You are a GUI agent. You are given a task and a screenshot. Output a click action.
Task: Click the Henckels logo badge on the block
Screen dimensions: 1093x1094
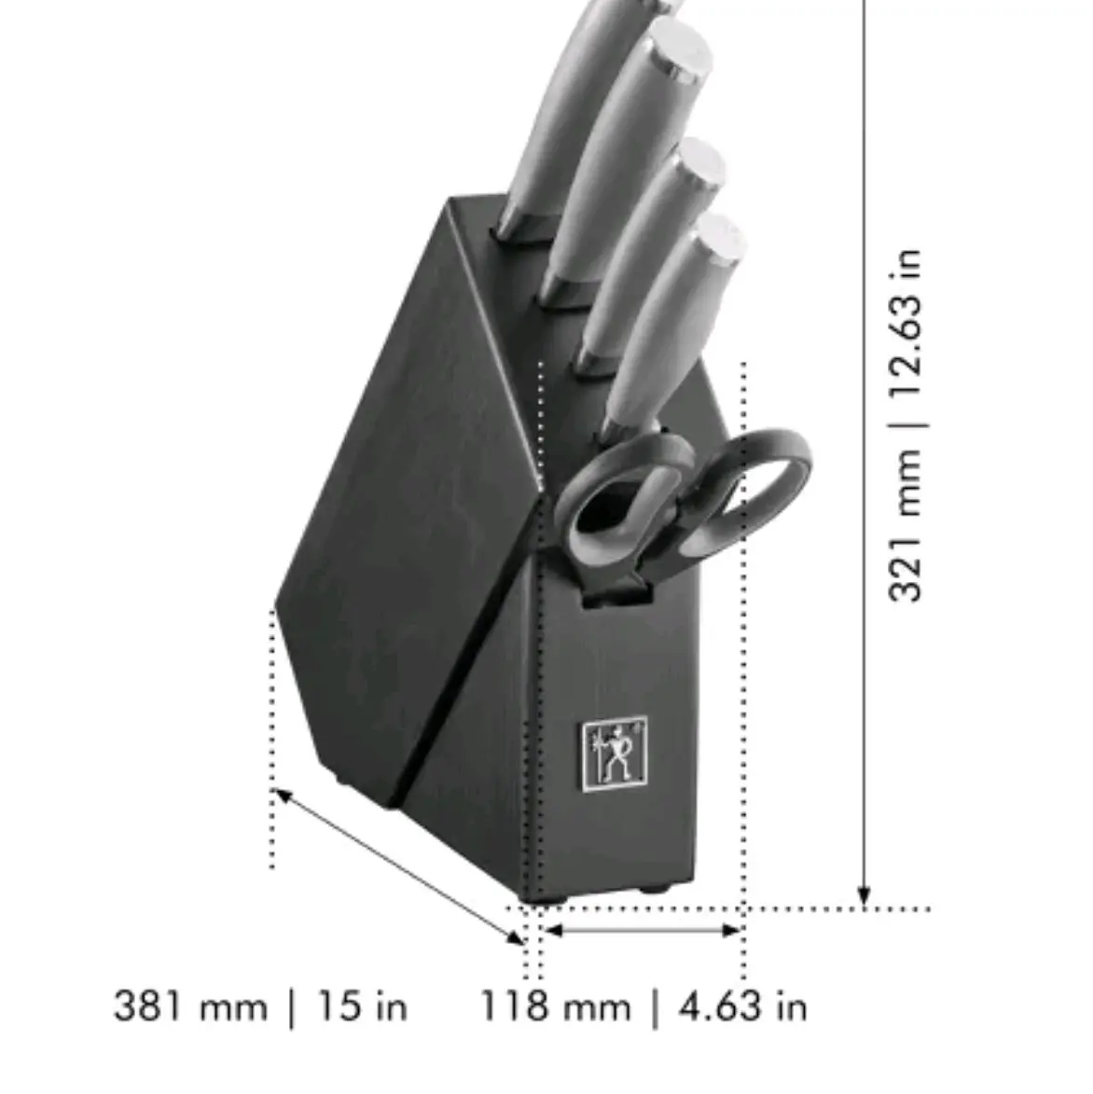tap(615, 755)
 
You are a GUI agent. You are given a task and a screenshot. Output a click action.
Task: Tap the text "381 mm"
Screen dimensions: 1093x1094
tap(190, 1006)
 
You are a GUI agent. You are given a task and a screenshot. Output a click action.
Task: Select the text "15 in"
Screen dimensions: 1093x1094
tap(362, 1006)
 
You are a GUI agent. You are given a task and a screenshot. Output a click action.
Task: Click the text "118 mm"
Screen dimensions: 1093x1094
tap(555, 1006)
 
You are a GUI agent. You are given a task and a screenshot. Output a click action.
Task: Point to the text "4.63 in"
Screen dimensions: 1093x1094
tap(743, 1006)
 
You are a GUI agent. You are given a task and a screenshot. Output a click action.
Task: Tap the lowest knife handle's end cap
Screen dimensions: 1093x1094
tap(721, 237)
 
